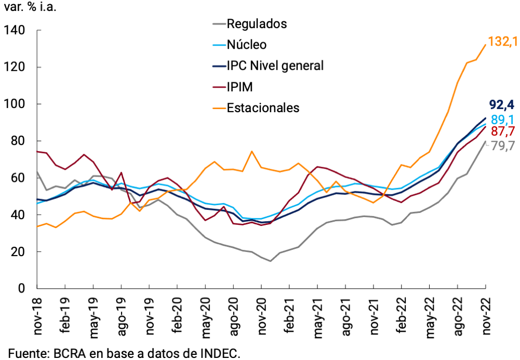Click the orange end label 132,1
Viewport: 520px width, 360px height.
coord(503,42)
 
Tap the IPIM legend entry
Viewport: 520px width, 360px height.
coord(240,87)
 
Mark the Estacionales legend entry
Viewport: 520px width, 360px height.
coord(263,108)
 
